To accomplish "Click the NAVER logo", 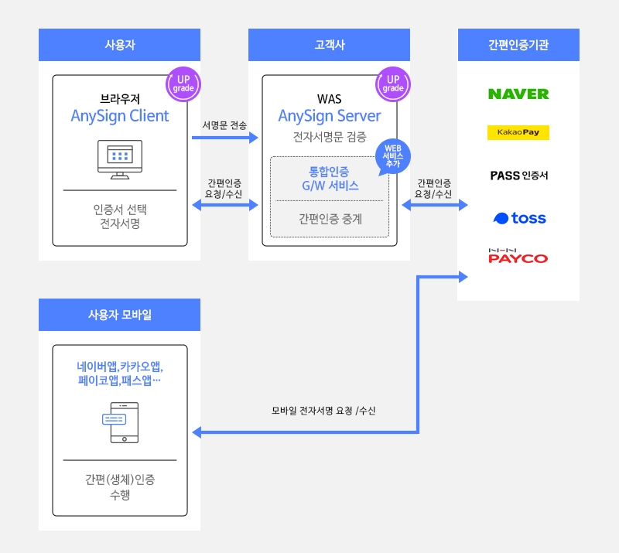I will point(518,94).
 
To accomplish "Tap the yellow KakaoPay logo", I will point(518,132).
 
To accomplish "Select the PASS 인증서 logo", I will point(518,176).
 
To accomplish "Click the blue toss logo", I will point(518,218).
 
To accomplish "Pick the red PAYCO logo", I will point(518,255).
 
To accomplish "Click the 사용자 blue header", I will point(119,45).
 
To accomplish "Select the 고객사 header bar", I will point(329,45).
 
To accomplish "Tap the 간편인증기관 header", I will point(518,45).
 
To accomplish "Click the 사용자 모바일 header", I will point(119,315).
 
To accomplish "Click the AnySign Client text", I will point(119,116).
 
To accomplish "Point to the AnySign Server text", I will point(329,116).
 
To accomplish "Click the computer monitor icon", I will point(119,159).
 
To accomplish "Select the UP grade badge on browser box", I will point(183,84).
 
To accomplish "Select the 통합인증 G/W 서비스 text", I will point(329,179).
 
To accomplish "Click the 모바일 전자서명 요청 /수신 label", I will point(323,411).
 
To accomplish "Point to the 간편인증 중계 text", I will point(330,219).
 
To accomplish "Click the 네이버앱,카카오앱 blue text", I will point(119,374).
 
